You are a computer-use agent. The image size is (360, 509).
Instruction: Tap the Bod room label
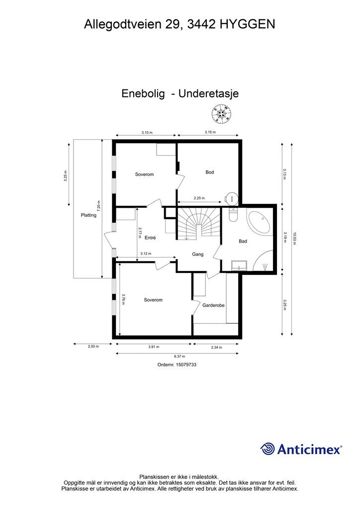coord(210,172)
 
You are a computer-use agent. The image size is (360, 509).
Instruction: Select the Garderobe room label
coord(214,306)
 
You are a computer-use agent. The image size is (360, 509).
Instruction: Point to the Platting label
coord(89,215)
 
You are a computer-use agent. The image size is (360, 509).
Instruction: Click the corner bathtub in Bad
coord(260,223)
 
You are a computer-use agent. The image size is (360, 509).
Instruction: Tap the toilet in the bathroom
coord(232,215)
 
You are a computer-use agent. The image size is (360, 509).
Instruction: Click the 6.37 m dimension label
coord(176,356)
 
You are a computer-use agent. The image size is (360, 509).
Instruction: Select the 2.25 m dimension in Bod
coord(199,198)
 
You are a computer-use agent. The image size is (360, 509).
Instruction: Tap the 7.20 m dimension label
coord(99,207)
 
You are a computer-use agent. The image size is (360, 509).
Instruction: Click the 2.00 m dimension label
coord(93,346)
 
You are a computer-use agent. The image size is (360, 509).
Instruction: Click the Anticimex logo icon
coord(268,448)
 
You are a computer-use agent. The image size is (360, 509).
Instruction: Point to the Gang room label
coord(198,254)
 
